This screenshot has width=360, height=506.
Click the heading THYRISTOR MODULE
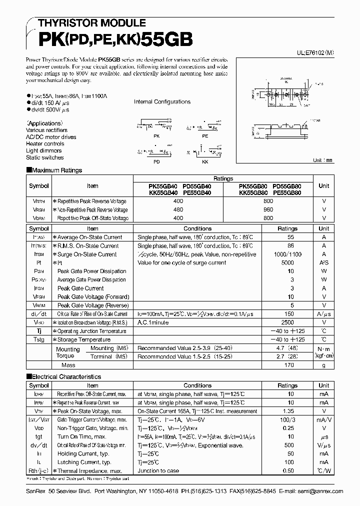88,23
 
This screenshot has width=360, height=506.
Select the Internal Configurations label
162,101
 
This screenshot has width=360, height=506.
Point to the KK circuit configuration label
205,162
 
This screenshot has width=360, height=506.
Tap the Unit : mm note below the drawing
322,160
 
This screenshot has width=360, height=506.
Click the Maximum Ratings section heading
56,170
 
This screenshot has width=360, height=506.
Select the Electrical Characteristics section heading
66,376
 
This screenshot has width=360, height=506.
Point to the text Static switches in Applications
45,157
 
